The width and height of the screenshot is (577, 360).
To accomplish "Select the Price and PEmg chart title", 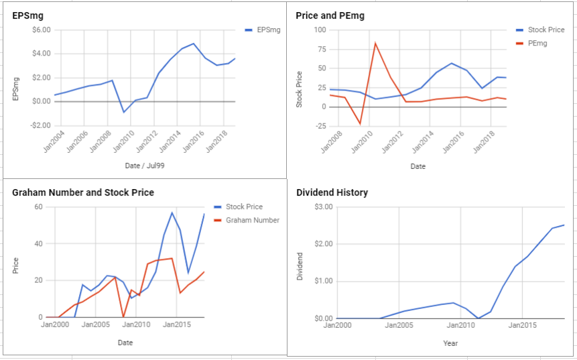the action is click(330, 15).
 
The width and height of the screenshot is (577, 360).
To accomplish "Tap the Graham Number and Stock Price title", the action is click(83, 192).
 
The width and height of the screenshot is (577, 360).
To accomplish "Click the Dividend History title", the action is click(332, 192).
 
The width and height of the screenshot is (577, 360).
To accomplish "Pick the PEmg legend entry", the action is click(531, 44).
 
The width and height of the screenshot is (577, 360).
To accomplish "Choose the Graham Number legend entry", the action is click(247, 220).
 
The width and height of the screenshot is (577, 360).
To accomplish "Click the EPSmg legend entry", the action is click(263, 29).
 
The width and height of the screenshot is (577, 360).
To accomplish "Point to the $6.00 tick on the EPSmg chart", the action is click(42, 29).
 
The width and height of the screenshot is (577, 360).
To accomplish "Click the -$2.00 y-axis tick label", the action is click(40, 125).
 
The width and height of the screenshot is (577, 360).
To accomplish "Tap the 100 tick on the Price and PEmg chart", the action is click(320, 29).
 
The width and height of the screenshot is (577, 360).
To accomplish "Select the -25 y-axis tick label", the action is click(320, 127).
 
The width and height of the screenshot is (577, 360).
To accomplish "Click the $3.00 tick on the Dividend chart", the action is click(324, 207).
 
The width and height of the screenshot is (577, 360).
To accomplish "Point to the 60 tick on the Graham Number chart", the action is click(39, 207).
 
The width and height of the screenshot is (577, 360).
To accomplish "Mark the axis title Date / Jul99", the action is click(145, 166).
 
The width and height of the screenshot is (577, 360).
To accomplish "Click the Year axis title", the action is click(450, 343).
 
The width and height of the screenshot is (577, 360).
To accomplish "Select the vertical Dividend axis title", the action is click(300, 266).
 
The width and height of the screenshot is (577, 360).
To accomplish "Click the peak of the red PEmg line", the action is click(375, 44).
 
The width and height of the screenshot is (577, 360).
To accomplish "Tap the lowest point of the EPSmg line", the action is click(124, 112).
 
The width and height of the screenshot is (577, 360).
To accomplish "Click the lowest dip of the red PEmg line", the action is click(360, 123).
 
